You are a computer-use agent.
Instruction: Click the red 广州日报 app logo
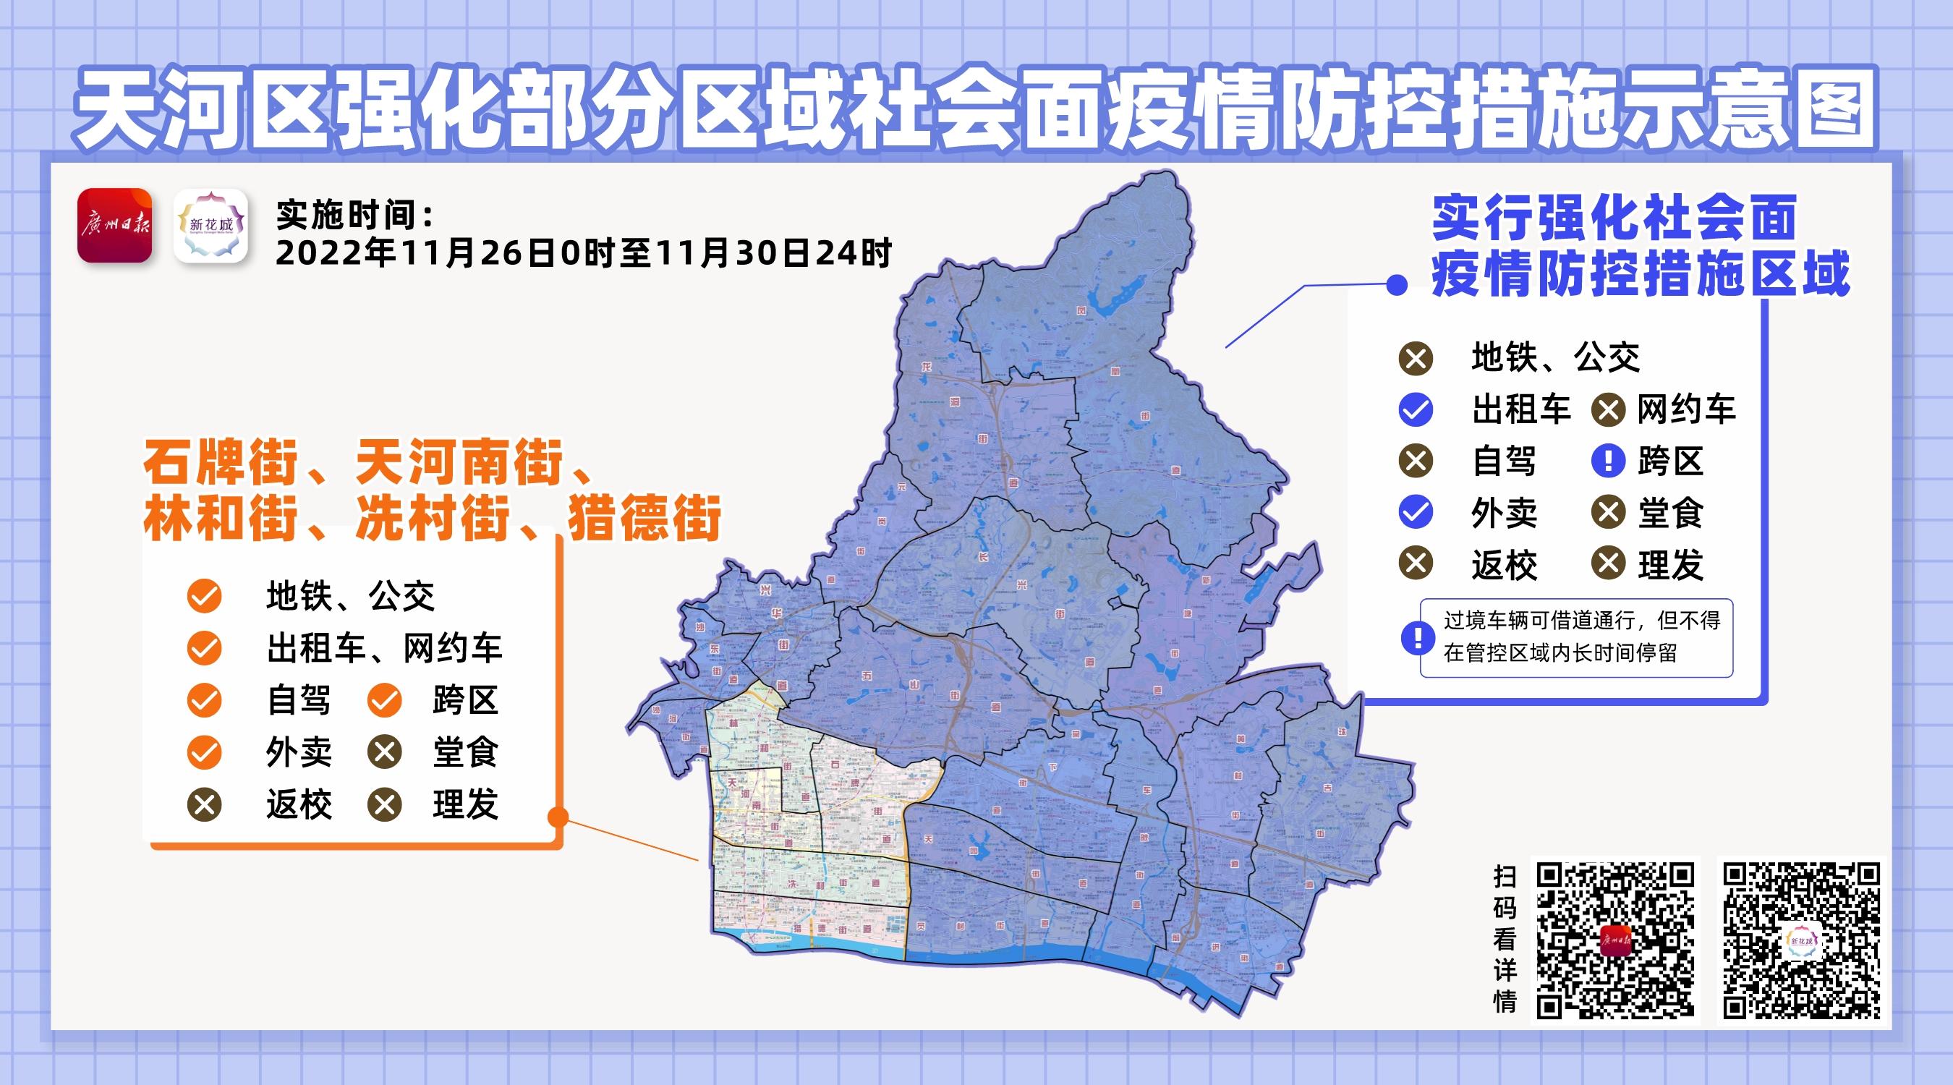coord(114,225)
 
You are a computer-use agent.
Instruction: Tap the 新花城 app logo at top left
coord(210,225)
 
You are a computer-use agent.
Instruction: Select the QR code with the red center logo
coord(1615,940)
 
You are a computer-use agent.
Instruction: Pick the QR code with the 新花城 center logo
coord(1801,940)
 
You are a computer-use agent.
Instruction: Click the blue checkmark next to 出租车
coord(1416,410)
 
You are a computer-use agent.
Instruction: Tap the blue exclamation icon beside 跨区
coord(1607,461)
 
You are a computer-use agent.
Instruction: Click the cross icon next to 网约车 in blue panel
coord(1607,410)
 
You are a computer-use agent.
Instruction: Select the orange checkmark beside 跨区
coord(384,701)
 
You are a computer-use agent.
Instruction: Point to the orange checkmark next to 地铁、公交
coord(204,597)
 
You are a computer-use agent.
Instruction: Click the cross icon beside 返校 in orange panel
coord(204,804)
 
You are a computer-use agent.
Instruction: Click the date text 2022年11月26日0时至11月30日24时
coord(583,253)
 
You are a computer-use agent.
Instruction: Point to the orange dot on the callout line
coord(558,817)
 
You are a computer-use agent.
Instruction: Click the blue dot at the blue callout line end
coord(1397,285)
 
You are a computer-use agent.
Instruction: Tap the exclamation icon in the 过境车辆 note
coord(1416,638)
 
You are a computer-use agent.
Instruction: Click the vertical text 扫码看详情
coord(1505,940)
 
